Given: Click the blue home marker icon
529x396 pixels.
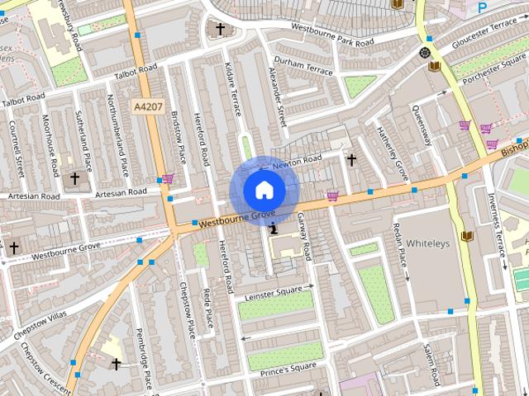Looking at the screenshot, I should [x=263, y=190].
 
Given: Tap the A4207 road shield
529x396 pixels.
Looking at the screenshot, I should [x=146, y=106].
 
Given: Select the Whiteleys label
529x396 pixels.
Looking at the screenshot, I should [x=427, y=243].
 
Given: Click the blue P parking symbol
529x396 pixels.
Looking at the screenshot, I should [x=482, y=7].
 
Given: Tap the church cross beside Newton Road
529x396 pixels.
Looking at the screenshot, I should [x=351, y=159].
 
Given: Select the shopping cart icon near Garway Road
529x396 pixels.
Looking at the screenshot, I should [x=332, y=196].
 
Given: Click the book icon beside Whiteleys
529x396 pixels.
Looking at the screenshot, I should [x=466, y=237].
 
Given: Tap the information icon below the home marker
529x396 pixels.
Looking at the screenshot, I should [x=273, y=218].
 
